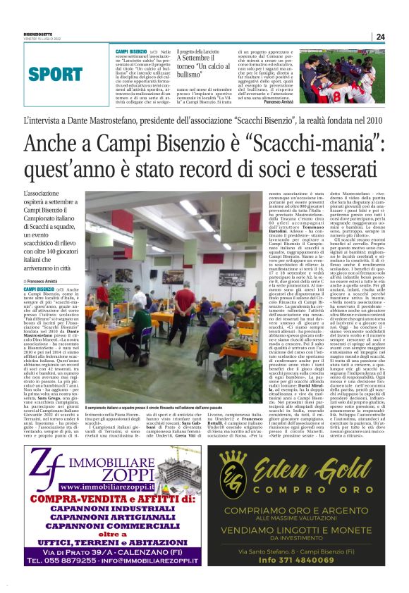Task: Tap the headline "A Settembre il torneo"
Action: (204, 63)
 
